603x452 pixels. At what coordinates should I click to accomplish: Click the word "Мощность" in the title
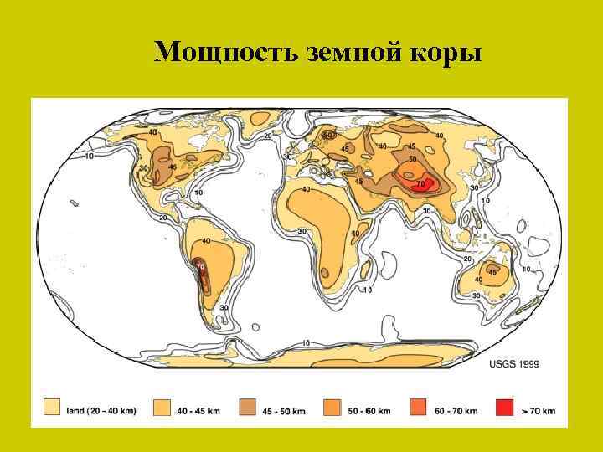click(214, 53)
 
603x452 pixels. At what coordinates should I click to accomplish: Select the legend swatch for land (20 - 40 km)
click(51, 409)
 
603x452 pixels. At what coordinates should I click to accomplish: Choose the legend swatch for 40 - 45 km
click(162, 409)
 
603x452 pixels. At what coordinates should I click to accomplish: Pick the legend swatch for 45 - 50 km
click(248, 409)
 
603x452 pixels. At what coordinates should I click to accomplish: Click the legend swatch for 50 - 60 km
click(332, 409)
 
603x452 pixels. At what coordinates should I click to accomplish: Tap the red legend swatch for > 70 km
click(503, 409)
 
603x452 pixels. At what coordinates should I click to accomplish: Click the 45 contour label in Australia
click(492, 272)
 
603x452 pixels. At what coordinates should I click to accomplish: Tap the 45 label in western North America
click(172, 167)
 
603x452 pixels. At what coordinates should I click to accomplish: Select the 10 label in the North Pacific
click(90, 156)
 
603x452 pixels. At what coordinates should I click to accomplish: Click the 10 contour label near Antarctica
click(306, 343)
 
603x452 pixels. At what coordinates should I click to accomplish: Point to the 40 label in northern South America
click(205, 241)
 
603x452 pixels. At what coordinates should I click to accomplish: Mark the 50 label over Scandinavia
click(328, 135)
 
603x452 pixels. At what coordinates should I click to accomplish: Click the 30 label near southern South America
click(224, 307)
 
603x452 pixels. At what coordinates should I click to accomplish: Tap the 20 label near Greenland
click(268, 136)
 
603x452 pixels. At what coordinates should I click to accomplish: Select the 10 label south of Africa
click(367, 290)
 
